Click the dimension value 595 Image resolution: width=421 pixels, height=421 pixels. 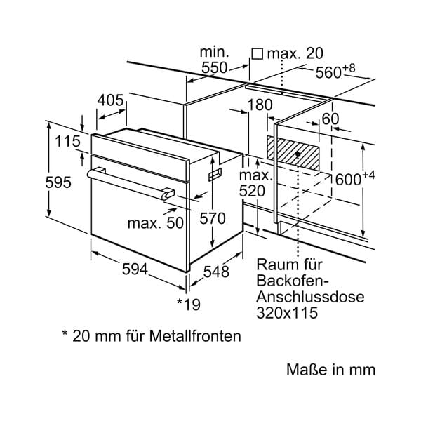click(x=58, y=182)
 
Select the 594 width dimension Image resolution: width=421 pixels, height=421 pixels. click(x=135, y=269)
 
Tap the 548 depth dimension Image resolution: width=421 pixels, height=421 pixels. click(x=216, y=272)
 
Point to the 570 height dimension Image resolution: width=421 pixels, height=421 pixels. click(x=213, y=218)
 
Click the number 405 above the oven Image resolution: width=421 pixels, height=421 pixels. click(x=110, y=100)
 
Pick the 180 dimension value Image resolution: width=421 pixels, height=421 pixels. click(x=260, y=105)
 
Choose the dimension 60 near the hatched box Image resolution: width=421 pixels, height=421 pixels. click(x=330, y=119)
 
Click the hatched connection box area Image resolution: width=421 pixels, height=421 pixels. click(x=293, y=153)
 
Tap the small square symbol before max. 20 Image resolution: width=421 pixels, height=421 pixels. click(x=257, y=54)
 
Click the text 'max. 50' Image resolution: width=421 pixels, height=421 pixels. click(x=156, y=223)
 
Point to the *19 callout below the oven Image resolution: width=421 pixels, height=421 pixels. click(x=189, y=305)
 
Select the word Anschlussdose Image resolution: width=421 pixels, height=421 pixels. click(x=310, y=297)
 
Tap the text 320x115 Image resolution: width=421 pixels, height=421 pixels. click(x=287, y=313)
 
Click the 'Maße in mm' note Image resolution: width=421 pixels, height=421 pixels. click(x=330, y=370)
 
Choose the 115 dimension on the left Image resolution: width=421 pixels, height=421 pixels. click(x=67, y=141)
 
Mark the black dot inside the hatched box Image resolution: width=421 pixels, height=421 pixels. click(x=298, y=154)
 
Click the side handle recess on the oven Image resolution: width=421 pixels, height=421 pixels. click(x=215, y=175)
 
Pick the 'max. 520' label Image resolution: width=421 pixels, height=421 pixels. click(x=255, y=183)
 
